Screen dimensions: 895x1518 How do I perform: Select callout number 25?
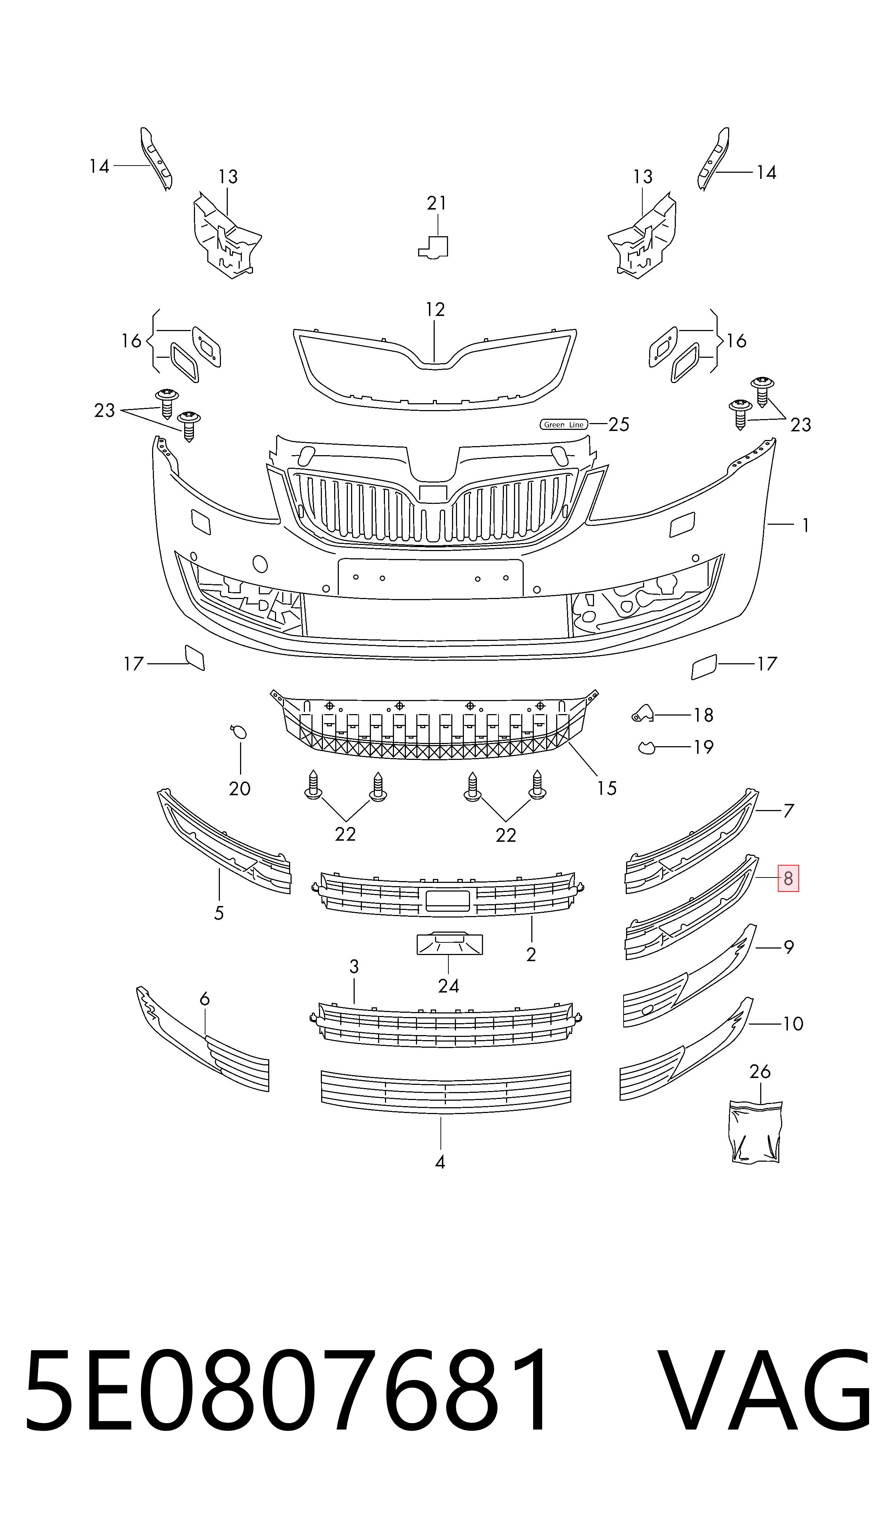pyautogui.click(x=619, y=425)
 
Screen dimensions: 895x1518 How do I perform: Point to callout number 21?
pyautogui.click(x=437, y=203)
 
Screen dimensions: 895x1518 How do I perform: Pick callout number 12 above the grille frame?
pyautogui.click(x=435, y=309)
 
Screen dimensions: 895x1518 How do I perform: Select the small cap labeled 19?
pyautogui.click(x=647, y=748)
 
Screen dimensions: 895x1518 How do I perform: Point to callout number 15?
pyautogui.click(x=607, y=788)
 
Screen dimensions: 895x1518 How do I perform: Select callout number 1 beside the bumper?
pyautogui.click(x=806, y=525)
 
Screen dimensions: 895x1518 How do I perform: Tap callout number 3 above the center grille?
pyautogui.click(x=354, y=967)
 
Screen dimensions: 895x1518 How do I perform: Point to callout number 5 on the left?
pyautogui.click(x=219, y=913)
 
